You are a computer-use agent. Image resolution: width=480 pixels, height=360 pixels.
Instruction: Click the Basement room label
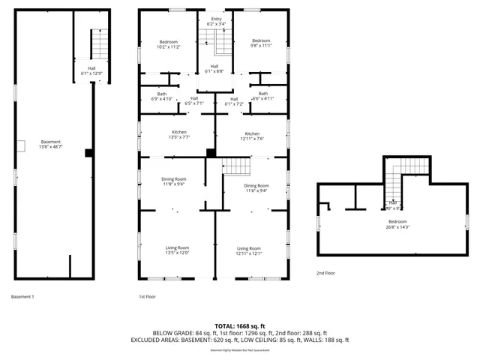click(51, 145)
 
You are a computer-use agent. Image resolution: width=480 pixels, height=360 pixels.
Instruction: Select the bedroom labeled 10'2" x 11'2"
click(169, 44)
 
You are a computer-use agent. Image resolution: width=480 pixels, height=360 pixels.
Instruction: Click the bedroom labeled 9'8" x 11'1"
click(260, 44)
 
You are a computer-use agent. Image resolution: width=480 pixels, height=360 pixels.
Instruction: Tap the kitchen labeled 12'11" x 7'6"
click(253, 136)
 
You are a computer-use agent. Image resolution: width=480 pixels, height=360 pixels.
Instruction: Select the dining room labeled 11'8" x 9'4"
click(174, 181)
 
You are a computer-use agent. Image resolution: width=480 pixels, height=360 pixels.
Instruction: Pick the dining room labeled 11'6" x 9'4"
click(256, 188)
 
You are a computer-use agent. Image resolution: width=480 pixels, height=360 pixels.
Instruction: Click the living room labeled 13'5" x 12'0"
click(178, 250)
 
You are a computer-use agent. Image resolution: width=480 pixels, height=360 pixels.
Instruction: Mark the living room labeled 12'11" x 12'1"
click(249, 251)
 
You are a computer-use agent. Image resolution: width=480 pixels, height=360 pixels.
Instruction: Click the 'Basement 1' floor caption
click(22, 297)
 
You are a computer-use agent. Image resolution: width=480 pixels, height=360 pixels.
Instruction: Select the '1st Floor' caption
click(147, 297)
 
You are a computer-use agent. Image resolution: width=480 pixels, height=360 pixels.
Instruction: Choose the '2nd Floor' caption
click(326, 273)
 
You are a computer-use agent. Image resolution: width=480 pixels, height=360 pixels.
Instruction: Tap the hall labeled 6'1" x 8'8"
click(215, 68)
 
